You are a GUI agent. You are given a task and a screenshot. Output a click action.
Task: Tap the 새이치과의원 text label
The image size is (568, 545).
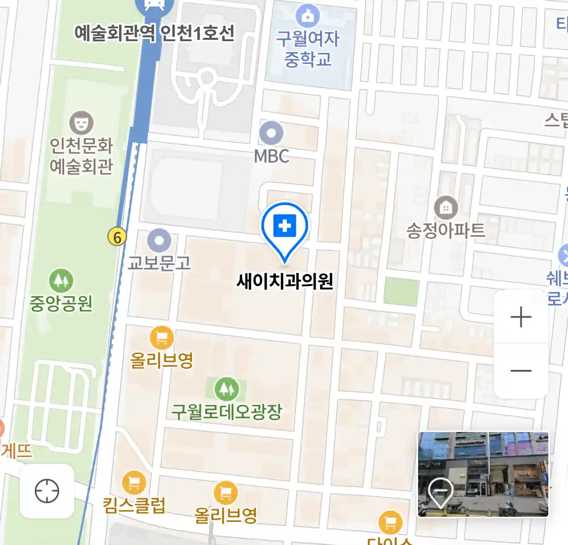(x=285, y=281)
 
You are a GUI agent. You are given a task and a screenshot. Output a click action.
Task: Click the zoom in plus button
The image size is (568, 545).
(x=521, y=317)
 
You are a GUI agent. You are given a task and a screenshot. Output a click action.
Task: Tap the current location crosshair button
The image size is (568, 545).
(x=47, y=491)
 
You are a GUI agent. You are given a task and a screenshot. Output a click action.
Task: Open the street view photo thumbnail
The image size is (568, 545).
(x=483, y=474)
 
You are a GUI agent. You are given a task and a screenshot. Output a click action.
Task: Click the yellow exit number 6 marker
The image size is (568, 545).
(x=117, y=237)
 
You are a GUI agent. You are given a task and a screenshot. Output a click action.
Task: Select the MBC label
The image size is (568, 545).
(x=271, y=156)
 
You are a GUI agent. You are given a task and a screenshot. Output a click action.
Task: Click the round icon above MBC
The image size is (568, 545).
(x=271, y=134)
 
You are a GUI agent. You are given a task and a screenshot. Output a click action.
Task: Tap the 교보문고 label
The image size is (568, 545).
(x=159, y=262)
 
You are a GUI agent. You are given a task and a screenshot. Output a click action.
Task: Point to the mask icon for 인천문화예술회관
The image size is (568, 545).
(x=81, y=123)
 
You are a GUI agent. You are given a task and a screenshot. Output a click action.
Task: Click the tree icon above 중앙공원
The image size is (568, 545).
(x=61, y=281)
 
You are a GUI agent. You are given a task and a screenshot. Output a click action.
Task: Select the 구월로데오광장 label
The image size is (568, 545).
(x=226, y=412)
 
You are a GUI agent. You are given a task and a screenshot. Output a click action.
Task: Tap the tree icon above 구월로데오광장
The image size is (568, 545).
(x=226, y=389)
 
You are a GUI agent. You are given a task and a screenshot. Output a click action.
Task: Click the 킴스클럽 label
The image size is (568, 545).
(x=134, y=505)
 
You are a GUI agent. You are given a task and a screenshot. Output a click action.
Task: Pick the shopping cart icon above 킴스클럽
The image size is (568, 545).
(x=134, y=483)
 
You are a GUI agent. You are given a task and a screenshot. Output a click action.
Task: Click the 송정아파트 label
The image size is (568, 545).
(x=446, y=231)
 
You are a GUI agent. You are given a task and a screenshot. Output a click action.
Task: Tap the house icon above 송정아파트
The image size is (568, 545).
(x=446, y=207)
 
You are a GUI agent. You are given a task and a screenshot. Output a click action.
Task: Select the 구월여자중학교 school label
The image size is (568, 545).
(x=307, y=49)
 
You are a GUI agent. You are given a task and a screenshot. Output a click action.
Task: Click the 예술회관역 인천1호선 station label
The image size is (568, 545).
(x=154, y=33)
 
